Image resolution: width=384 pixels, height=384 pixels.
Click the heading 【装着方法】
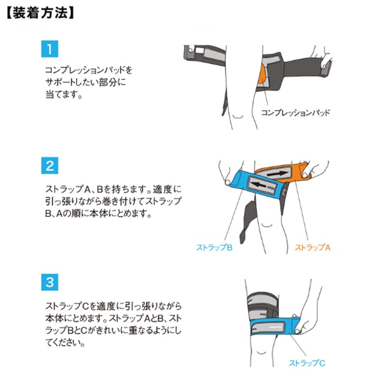tap(40, 13)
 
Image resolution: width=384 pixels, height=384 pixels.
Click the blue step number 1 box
tap(50, 49)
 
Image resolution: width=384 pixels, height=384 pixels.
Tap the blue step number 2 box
tap(50, 166)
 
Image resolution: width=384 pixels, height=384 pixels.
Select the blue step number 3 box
tap(50, 282)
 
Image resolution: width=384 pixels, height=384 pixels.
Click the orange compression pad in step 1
tap(261, 74)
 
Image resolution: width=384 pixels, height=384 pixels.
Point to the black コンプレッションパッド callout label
tap(295, 113)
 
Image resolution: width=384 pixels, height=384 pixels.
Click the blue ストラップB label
tap(214, 247)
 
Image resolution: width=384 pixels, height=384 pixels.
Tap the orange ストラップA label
tap(313, 247)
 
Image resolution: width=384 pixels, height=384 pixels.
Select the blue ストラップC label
tap(307, 363)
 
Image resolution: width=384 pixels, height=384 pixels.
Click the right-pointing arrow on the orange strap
tap(277, 173)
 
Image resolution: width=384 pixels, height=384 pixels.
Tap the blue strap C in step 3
tap(275, 326)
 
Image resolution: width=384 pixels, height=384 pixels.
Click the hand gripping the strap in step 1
tap(323, 61)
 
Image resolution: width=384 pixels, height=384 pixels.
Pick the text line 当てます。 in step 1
tap(63, 94)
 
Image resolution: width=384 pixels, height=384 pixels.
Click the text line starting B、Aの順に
tap(98, 214)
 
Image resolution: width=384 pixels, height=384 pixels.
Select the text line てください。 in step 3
tap(65, 342)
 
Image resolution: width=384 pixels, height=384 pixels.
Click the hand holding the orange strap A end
tap(316, 169)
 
